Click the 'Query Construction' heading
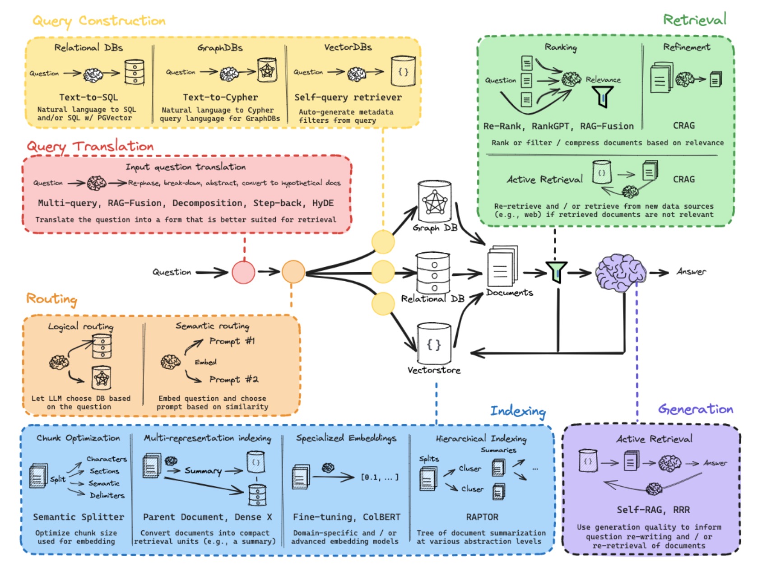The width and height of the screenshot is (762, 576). click(99, 21)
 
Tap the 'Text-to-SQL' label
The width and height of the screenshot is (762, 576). click(88, 97)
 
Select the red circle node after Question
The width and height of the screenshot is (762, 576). click(243, 272)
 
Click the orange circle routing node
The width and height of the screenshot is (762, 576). click(293, 272)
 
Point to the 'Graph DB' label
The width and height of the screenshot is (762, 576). click(435, 228)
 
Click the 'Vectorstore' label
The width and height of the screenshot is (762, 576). click(434, 370)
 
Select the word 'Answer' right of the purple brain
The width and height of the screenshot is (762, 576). click(691, 272)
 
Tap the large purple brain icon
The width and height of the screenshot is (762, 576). click(620, 271)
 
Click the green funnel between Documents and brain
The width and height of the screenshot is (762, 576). click(557, 272)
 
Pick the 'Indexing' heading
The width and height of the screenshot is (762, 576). click(518, 411)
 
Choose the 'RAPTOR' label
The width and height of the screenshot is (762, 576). click(482, 517)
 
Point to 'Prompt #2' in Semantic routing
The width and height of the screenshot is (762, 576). click(233, 379)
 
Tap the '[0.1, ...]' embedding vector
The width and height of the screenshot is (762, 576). click(380, 477)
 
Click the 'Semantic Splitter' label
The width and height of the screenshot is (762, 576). click(78, 517)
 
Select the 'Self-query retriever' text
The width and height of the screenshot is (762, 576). click(348, 97)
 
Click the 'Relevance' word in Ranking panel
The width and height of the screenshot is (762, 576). click(603, 79)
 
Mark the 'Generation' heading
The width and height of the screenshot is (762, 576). click(695, 409)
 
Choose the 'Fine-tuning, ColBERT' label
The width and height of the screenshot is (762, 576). click(346, 517)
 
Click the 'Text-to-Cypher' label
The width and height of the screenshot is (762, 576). click(220, 97)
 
